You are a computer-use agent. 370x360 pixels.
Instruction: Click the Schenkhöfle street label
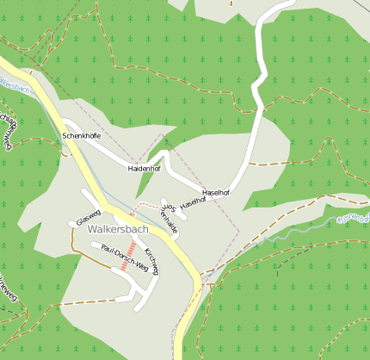click(x=82, y=137)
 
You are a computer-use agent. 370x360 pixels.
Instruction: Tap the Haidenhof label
click(x=144, y=169)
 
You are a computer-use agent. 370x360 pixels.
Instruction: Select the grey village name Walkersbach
click(x=118, y=230)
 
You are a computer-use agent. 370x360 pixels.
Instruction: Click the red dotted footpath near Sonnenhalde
click(x=149, y=206)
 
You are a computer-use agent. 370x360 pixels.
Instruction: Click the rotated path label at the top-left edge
click(x=8, y=129)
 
